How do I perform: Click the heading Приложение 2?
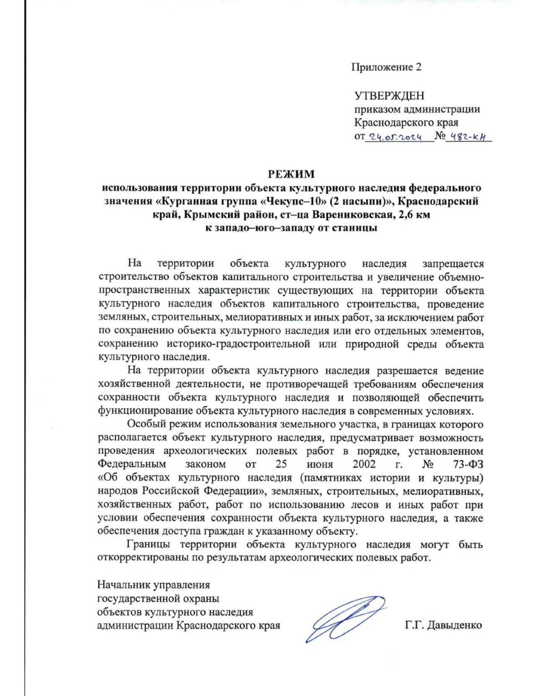pyautogui.click(x=386, y=67)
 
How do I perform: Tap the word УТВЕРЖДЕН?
pyautogui.click(x=389, y=96)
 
